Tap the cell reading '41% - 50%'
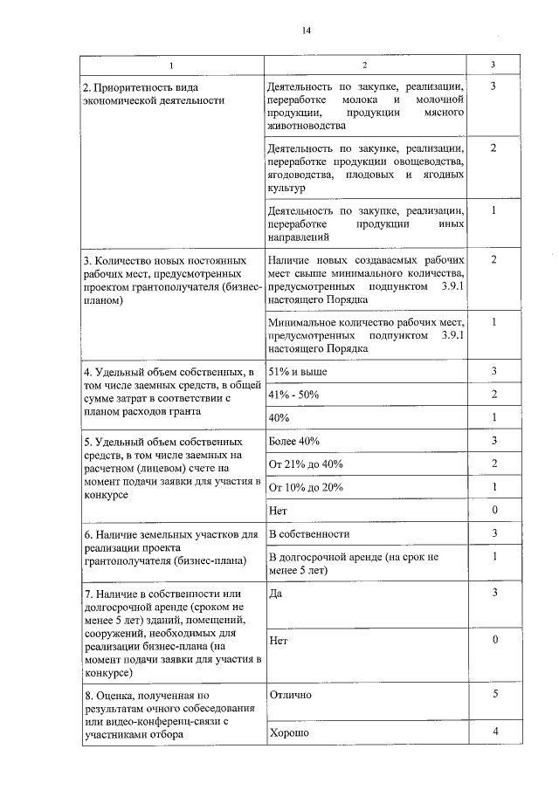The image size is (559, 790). (293, 395)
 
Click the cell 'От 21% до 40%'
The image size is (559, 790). (306, 464)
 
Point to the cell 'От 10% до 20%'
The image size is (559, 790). (306, 486)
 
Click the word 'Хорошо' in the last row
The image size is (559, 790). (289, 732)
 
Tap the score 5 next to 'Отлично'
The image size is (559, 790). (494, 695)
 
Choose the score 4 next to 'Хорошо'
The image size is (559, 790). (494, 732)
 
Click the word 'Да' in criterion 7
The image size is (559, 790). (275, 593)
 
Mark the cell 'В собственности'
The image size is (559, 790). (309, 532)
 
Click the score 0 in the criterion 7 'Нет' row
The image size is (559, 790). (494, 640)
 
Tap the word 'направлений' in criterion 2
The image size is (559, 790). (299, 237)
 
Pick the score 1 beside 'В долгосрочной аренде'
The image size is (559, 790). (494, 556)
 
